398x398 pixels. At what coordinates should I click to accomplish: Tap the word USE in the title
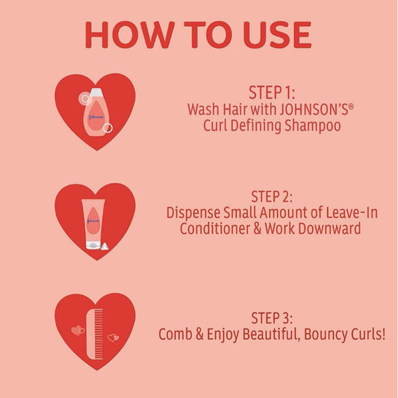click(273, 34)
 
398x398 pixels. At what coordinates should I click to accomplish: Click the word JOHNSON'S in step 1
click(294, 109)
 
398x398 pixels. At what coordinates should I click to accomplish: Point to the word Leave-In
click(350, 213)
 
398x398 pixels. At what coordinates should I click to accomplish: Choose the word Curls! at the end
click(365, 334)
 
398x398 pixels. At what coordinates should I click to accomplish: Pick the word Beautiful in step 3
click(261, 334)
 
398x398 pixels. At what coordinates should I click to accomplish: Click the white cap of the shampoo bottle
click(96, 92)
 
